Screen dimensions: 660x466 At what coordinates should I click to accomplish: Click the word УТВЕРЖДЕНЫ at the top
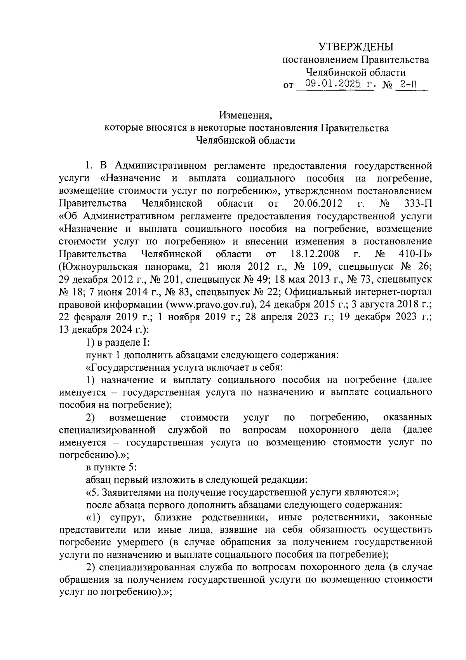(356, 47)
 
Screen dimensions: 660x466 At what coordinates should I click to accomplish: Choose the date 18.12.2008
(315, 254)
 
